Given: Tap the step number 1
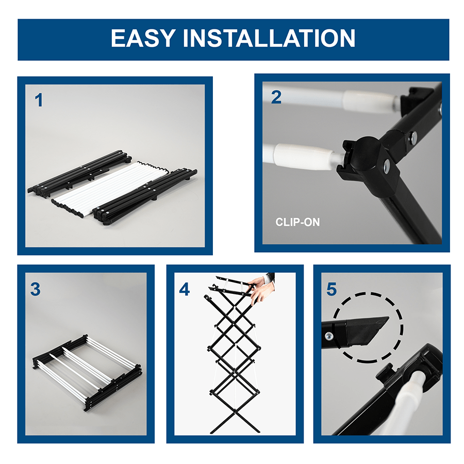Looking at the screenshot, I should click(x=39, y=101).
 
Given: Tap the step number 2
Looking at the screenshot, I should click(x=276, y=97).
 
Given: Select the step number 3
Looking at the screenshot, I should click(x=35, y=289).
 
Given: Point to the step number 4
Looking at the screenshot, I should click(x=184, y=289).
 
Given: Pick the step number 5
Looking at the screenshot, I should click(x=332, y=289).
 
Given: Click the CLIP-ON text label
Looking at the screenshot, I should click(x=297, y=223).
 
